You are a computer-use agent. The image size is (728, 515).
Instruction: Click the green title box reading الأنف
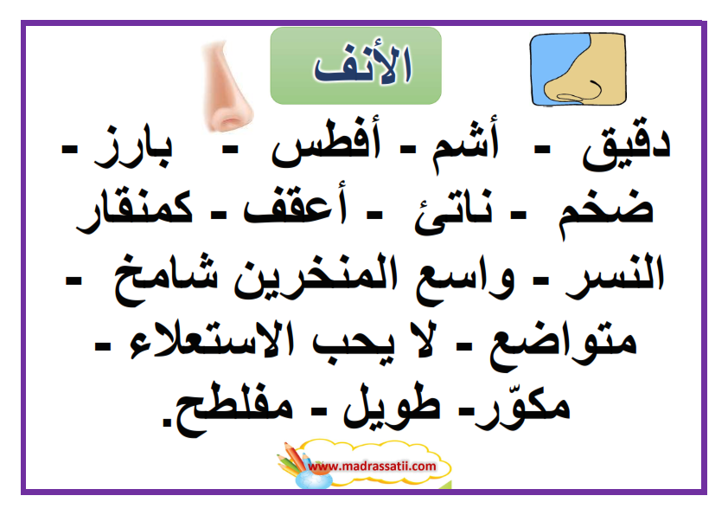pyautogui.click(x=355, y=66)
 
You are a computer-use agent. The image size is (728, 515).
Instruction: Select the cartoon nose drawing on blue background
pyautogui.click(x=578, y=69)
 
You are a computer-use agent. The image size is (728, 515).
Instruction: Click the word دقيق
pyautogui.click(x=626, y=146)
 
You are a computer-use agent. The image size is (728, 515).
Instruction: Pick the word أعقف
pyautogui.click(x=295, y=206)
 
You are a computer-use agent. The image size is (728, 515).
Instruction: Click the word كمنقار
pyautogui.click(x=134, y=210)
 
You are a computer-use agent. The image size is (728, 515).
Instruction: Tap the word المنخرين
pyautogui.click(x=316, y=277)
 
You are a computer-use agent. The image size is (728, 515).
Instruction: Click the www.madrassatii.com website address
pyautogui.click(x=372, y=467)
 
